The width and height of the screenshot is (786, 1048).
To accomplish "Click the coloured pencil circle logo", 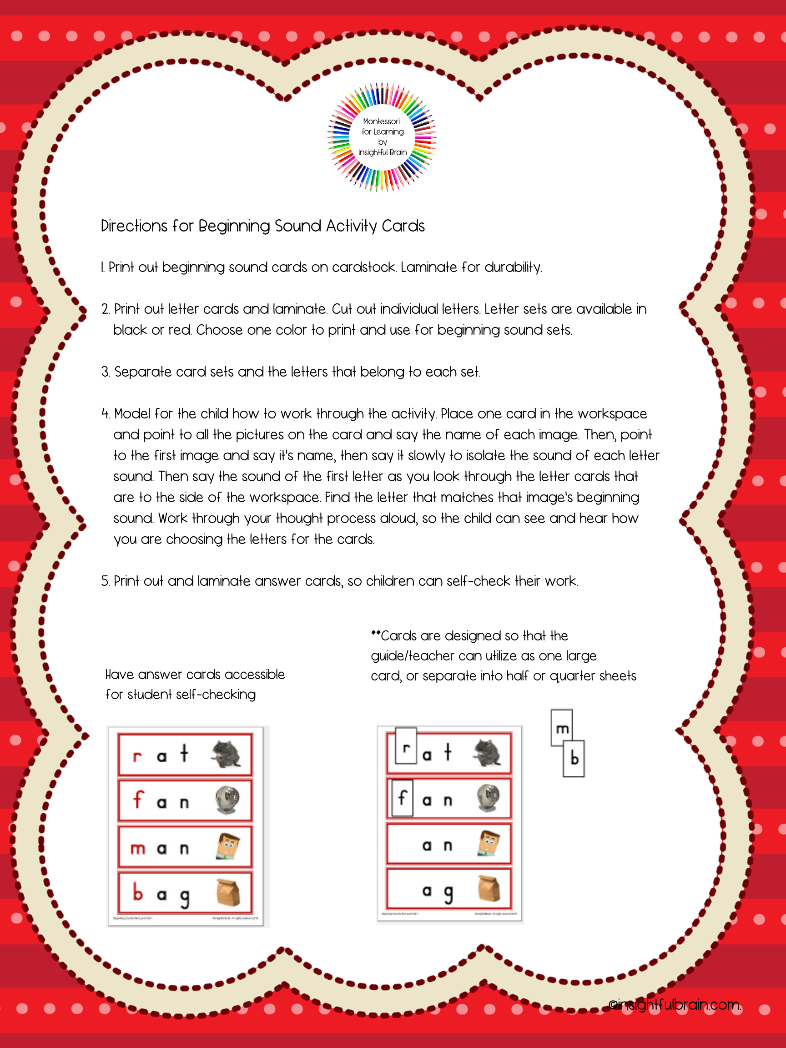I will click(382, 137).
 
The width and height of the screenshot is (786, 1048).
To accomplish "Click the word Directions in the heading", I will click(134, 226).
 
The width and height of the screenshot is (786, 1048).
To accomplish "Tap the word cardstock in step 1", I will click(363, 267).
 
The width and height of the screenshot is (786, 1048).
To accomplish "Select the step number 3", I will click(105, 372).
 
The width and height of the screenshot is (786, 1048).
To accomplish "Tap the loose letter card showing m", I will click(562, 728).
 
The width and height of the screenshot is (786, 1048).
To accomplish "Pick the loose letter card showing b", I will click(574, 759).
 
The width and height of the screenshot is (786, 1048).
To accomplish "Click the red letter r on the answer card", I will click(137, 756).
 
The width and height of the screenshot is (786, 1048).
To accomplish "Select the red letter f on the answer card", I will click(138, 799).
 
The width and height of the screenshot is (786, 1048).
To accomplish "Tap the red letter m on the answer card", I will click(138, 848).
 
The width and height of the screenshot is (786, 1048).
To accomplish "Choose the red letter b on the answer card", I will click(138, 892).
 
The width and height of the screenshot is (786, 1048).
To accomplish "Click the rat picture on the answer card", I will click(226, 754).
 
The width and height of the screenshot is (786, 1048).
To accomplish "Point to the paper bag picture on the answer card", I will click(228, 892).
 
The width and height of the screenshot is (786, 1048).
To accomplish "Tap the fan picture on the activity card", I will click(489, 798).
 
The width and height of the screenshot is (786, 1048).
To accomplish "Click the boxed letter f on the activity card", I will click(403, 797).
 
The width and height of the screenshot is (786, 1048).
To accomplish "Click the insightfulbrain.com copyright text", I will click(675, 1004).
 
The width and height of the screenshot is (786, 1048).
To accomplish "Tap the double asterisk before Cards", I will click(376, 634).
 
